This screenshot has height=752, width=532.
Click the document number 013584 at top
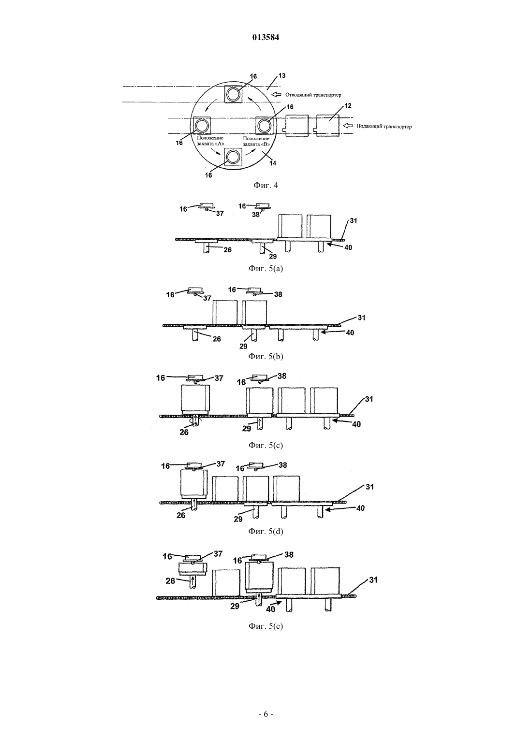pyautogui.click(x=266, y=37)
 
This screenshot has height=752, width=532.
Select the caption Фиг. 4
pyautogui.click(x=266, y=185)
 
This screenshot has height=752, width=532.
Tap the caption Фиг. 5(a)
pyautogui.click(x=266, y=268)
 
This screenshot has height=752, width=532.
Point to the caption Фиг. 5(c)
pyautogui.click(x=266, y=445)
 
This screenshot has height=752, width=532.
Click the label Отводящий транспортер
pyautogui.click(x=313, y=95)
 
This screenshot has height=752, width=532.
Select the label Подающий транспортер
pyautogui.click(x=384, y=127)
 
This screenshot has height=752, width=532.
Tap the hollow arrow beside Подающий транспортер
pyautogui.click(x=348, y=126)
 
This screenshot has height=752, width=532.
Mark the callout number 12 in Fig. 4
pyautogui.click(x=348, y=106)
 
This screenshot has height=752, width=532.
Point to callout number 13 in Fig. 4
pyautogui.click(x=282, y=75)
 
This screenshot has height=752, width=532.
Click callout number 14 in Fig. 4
pyautogui.click(x=273, y=163)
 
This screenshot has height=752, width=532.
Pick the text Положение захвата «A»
pyautogui.click(x=210, y=141)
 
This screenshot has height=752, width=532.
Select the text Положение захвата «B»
pyautogui.click(x=256, y=141)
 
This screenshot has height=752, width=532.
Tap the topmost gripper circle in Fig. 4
pyautogui.click(x=233, y=95)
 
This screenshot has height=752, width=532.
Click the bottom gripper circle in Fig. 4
pyautogui.click(x=233, y=157)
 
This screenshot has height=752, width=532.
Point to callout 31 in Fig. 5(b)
pyautogui.click(x=361, y=317)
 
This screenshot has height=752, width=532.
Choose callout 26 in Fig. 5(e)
pyautogui.click(x=170, y=580)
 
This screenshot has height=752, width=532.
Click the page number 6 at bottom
pyautogui.click(x=266, y=714)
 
